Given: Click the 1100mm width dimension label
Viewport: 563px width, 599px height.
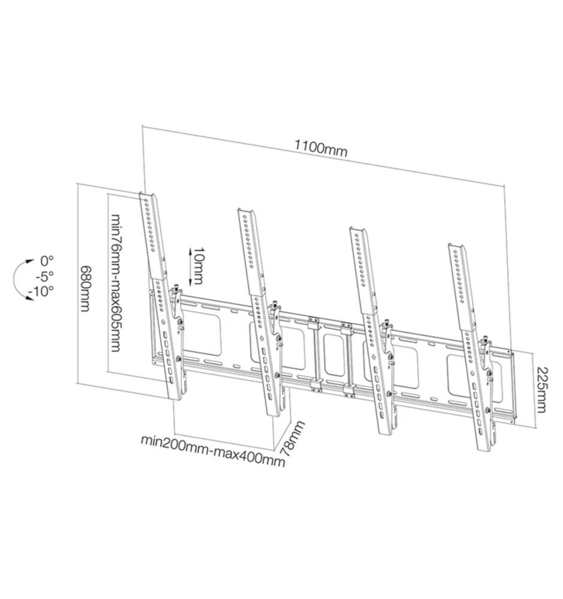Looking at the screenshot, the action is [321, 149].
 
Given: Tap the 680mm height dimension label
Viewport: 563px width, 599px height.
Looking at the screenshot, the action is [86, 289].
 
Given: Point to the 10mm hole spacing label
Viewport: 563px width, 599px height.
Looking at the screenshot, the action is [197, 266].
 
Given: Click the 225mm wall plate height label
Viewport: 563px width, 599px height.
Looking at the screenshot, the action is [541, 390].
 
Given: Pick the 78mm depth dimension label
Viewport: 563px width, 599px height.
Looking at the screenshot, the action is [293, 438].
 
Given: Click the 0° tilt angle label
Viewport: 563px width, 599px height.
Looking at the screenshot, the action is [47, 261].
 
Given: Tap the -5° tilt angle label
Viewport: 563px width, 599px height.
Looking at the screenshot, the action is [45, 276].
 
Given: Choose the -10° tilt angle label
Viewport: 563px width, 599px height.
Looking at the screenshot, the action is [41, 291].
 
